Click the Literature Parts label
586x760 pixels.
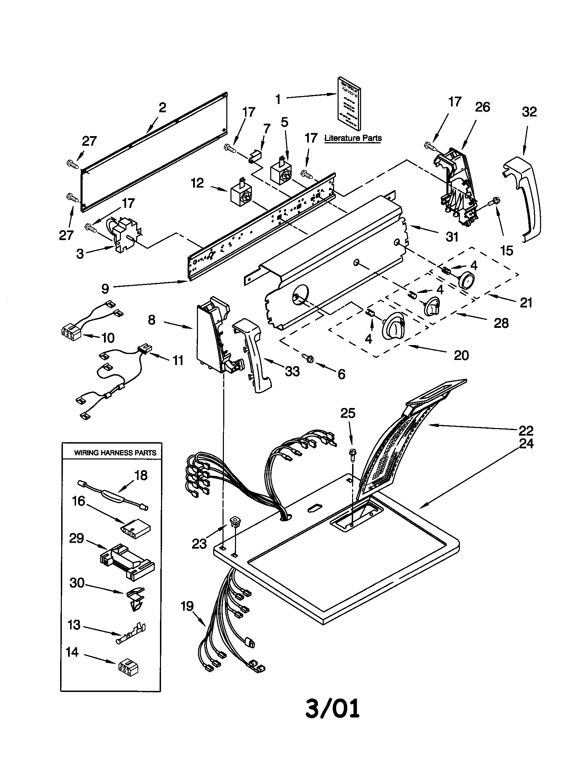353,138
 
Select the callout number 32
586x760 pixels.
529,112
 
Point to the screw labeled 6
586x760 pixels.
308,358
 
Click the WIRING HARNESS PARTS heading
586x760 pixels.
115,453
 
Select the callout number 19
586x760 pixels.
187,606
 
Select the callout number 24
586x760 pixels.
526,444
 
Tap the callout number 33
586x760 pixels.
292,371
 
